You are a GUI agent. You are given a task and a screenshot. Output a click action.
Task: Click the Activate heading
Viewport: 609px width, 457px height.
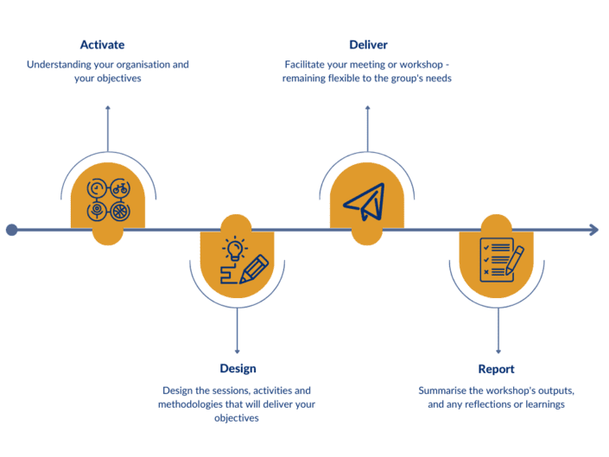(x=102, y=45)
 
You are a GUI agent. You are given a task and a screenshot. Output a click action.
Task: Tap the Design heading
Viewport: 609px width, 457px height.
(x=237, y=369)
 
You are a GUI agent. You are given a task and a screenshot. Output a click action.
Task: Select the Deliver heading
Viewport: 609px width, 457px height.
(x=368, y=45)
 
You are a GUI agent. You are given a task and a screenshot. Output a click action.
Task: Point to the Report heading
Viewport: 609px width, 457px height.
(x=496, y=369)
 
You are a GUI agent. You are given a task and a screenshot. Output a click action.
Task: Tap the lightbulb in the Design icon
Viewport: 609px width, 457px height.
(x=235, y=249)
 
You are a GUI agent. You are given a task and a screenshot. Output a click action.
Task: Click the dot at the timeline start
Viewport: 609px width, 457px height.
(x=11, y=230)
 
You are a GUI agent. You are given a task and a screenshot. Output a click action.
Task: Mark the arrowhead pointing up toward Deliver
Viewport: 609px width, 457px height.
(x=368, y=108)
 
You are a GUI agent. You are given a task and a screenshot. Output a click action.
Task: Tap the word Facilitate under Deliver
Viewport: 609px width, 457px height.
(x=310, y=64)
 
